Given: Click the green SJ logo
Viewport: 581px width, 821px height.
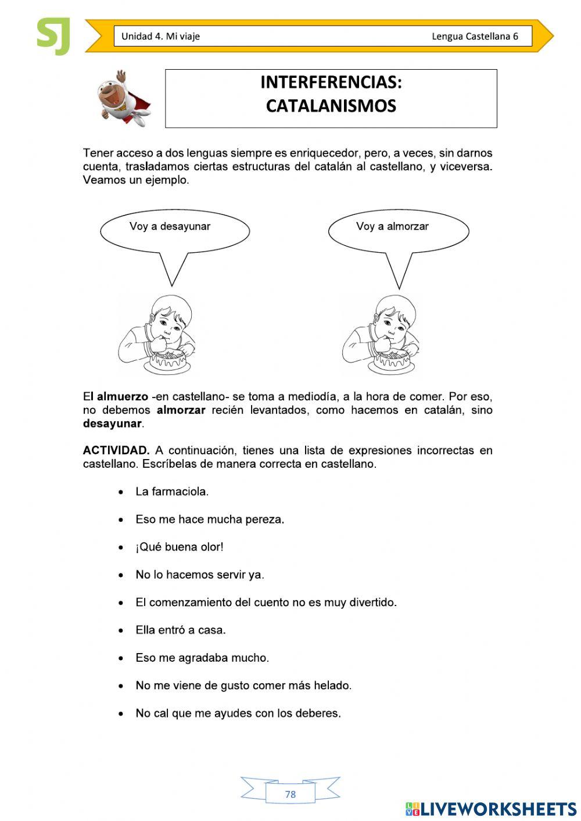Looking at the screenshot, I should click(53, 36).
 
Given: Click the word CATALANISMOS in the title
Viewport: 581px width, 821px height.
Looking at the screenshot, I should click(331, 106).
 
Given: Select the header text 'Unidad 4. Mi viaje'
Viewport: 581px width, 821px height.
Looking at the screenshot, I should click(160, 37).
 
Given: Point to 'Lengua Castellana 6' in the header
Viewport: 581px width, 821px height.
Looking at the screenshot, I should click(475, 37).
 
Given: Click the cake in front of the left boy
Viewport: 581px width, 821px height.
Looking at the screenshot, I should click(169, 361).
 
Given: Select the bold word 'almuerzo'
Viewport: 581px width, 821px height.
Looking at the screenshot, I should click(122, 397).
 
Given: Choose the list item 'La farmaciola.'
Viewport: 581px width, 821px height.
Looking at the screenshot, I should click(172, 492).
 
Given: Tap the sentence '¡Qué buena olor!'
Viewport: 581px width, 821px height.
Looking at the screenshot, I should click(179, 547).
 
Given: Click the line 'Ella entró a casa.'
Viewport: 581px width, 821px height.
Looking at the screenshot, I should click(180, 630).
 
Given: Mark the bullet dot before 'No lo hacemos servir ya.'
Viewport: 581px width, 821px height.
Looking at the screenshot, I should click(121, 575).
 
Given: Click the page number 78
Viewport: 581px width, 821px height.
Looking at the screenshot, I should click(290, 794).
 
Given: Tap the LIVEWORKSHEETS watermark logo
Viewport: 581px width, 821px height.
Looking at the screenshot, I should click(490, 809).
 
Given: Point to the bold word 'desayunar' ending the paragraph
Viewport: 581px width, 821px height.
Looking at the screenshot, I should click(112, 424).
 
